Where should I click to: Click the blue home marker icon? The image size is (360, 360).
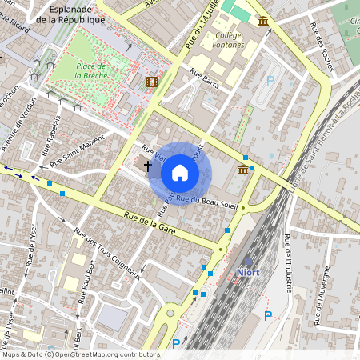pos(180,173)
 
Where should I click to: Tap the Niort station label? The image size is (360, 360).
pos(248,272)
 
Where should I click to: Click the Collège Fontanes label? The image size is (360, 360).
pos(228,40)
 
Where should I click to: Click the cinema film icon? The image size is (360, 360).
pos(152,82)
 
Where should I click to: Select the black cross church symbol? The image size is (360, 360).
pos(147,166)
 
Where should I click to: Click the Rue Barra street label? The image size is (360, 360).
pos(204,77)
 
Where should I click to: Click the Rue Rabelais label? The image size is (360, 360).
pos(53,128)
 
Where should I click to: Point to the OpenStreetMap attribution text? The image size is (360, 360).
pos(81,354)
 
